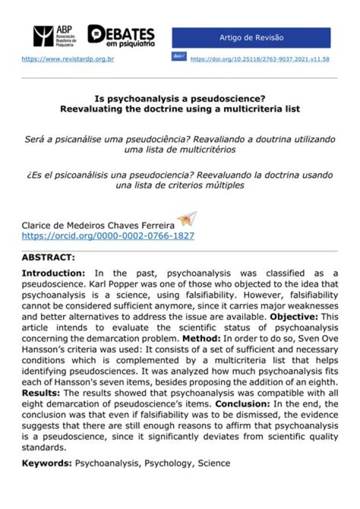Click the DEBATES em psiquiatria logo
click(121, 35)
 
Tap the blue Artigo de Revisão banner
click(251, 38)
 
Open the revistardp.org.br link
click(67, 59)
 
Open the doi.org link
click(259, 59)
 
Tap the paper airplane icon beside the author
click(187, 219)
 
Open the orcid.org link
click(108, 235)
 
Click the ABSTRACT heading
click(48, 258)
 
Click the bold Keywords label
click(47, 463)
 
